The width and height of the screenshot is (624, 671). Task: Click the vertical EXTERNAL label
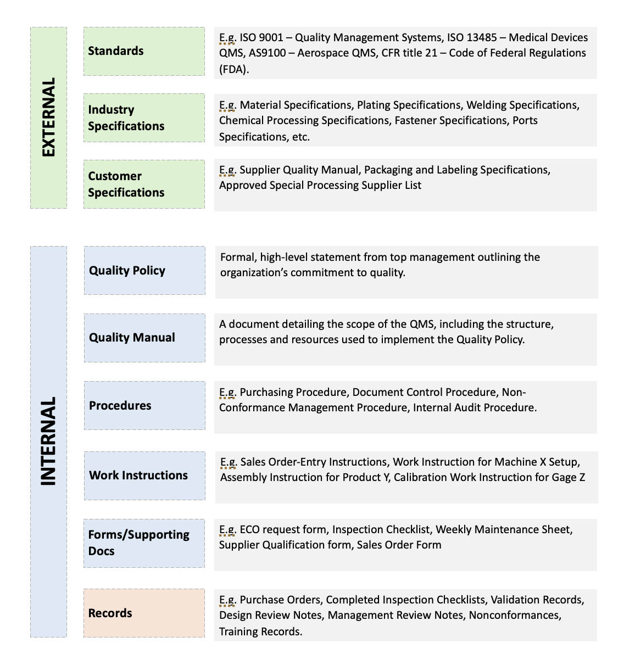coord(48,118)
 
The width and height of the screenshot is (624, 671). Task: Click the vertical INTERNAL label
coord(48,441)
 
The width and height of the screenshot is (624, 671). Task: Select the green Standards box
coord(144,52)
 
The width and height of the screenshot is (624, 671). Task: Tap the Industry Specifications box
coord(144,118)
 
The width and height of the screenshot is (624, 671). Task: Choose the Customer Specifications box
coord(144,184)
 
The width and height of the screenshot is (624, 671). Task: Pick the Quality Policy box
coord(144,270)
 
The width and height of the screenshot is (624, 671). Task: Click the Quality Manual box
coord(144,338)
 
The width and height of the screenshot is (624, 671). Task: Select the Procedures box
coord(144,405)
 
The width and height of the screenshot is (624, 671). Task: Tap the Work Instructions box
coord(144,476)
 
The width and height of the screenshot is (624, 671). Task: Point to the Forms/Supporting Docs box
coord(144,543)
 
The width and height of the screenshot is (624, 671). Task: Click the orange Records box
coord(144,613)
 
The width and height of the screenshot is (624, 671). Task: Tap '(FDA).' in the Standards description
coord(234,69)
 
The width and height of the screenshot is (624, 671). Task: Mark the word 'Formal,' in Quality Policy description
coord(238,257)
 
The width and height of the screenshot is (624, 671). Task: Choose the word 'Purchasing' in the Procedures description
coord(266,392)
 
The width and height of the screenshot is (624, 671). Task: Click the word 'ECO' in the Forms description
coord(250,529)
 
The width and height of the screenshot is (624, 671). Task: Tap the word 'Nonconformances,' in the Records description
coord(515,615)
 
